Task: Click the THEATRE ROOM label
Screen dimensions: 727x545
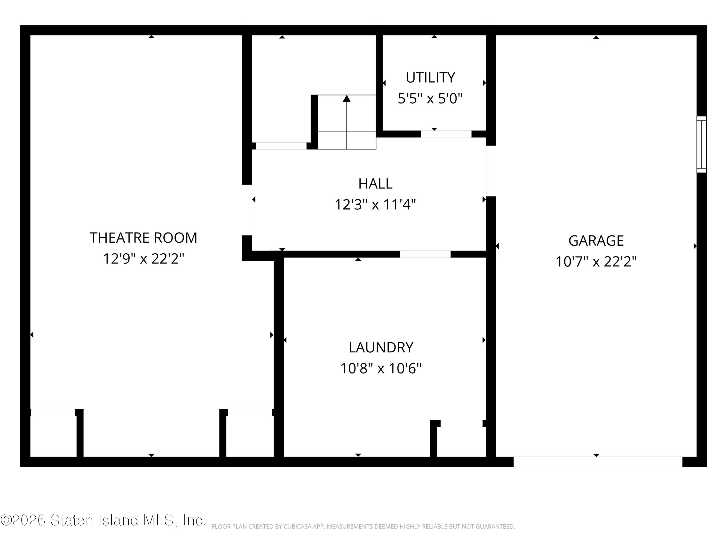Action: click(143, 238)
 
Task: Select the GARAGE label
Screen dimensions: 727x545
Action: click(596, 241)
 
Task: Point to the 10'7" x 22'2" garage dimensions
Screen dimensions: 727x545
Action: click(596, 262)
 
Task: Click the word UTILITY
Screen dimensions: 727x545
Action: click(430, 78)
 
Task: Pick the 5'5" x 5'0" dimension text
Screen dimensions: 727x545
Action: click(430, 98)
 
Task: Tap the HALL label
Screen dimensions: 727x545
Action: click(375, 184)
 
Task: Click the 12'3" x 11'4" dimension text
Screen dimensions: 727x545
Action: click(375, 204)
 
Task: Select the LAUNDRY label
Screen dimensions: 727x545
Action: click(381, 347)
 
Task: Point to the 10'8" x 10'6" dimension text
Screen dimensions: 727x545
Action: click(381, 368)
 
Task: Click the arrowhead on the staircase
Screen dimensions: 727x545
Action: click(347, 98)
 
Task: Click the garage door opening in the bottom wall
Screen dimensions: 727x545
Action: click(598, 462)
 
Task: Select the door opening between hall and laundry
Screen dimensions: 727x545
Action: click(425, 254)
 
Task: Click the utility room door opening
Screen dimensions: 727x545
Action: click(446, 134)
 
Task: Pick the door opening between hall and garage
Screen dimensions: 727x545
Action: click(491, 171)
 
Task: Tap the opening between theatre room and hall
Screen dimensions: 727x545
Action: click(247, 210)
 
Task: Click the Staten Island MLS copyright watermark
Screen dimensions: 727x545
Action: click(103, 520)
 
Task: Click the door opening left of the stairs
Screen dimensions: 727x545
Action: click(281, 146)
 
